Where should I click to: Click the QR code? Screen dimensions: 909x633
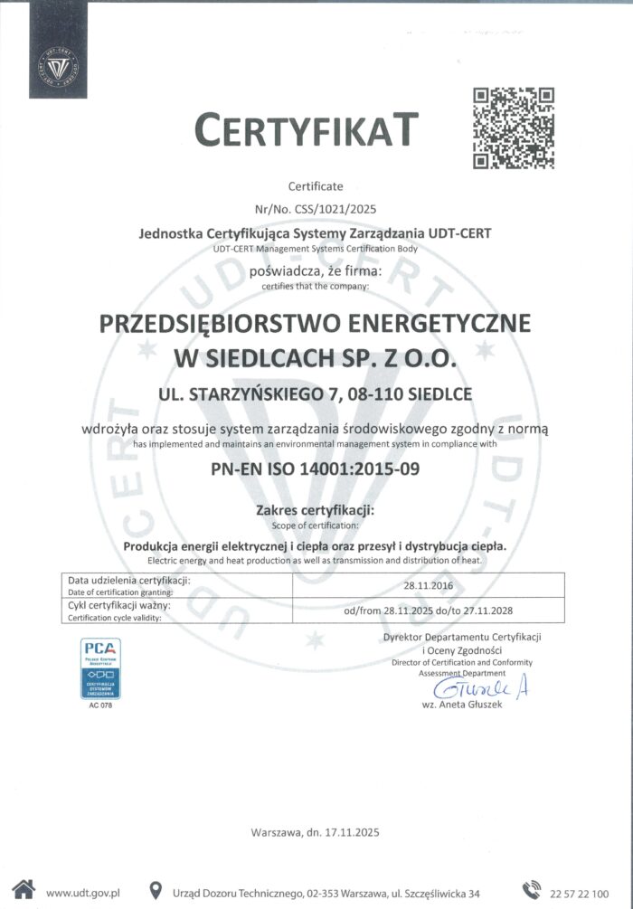[x=514, y=128]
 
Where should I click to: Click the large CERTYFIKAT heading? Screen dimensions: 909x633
[x=307, y=131]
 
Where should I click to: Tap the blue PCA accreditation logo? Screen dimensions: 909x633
[x=100, y=668]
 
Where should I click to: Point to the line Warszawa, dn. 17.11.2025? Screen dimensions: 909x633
[x=316, y=832]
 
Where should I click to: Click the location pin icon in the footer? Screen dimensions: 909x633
[x=155, y=890]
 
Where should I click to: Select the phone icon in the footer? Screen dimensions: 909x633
[x=531, y=890]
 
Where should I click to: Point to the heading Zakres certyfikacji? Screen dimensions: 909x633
[x=316, y=511]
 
